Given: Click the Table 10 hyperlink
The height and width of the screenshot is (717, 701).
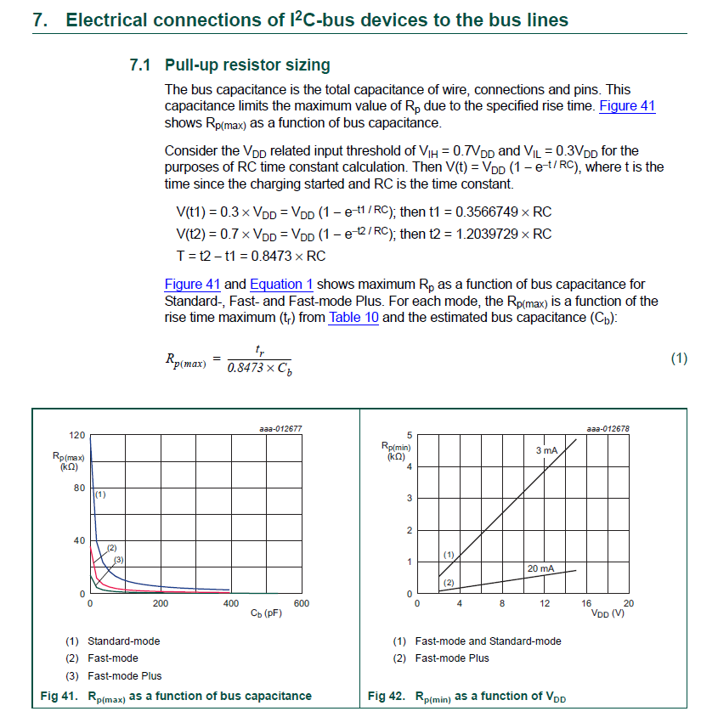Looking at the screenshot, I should pyautogui.click(x=353, y=318).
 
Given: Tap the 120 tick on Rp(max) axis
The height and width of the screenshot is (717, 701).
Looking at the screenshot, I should pyautogui.click(x=76, y=435).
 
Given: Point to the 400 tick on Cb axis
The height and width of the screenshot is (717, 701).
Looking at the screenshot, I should pyautogui.click(x=230, y=603).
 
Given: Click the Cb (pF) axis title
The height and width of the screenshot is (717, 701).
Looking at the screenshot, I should pyautogui.click(x=267, y=613).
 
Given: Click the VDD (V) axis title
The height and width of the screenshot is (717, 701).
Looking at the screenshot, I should pyautogui.click(x=607, y=613).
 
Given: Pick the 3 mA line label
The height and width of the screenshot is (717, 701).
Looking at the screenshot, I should pyautogui.click(x=546, y=449).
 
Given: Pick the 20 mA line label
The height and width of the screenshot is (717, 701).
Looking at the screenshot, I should pyautogui.click(x=540, y=567).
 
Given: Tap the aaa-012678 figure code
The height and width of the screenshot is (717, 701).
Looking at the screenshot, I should pyautogui.click(x=608, y=429).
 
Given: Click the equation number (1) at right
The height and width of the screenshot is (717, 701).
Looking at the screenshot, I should pyautogui.click(x=678, y=358).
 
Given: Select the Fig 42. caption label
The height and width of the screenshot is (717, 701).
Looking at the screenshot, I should pyautogui.click(x=386, y=696).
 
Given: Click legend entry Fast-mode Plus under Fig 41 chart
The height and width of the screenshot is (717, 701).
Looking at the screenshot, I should pyautogui.click(x=124, y=675).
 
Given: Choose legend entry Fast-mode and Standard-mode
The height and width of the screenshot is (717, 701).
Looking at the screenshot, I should pyautogui.click(x=488, y=641).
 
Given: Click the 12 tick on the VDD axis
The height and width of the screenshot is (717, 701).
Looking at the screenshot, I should pyautogui.click(x=545, y=603).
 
